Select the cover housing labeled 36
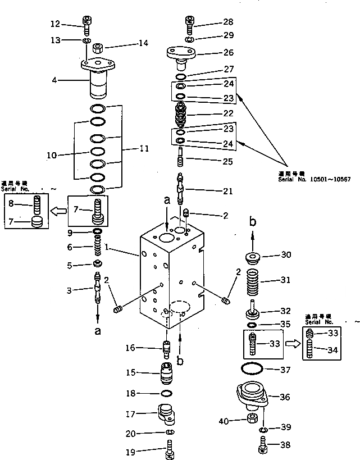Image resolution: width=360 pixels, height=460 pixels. (249, 397)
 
